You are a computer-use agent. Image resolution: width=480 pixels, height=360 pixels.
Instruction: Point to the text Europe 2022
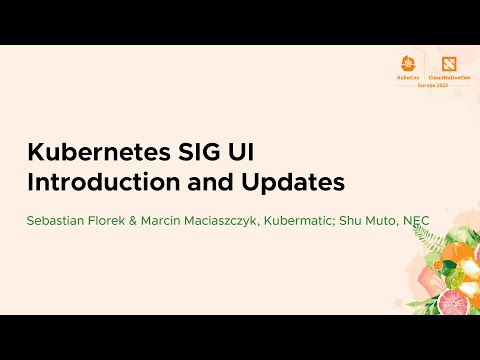click(x=426, y=85)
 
